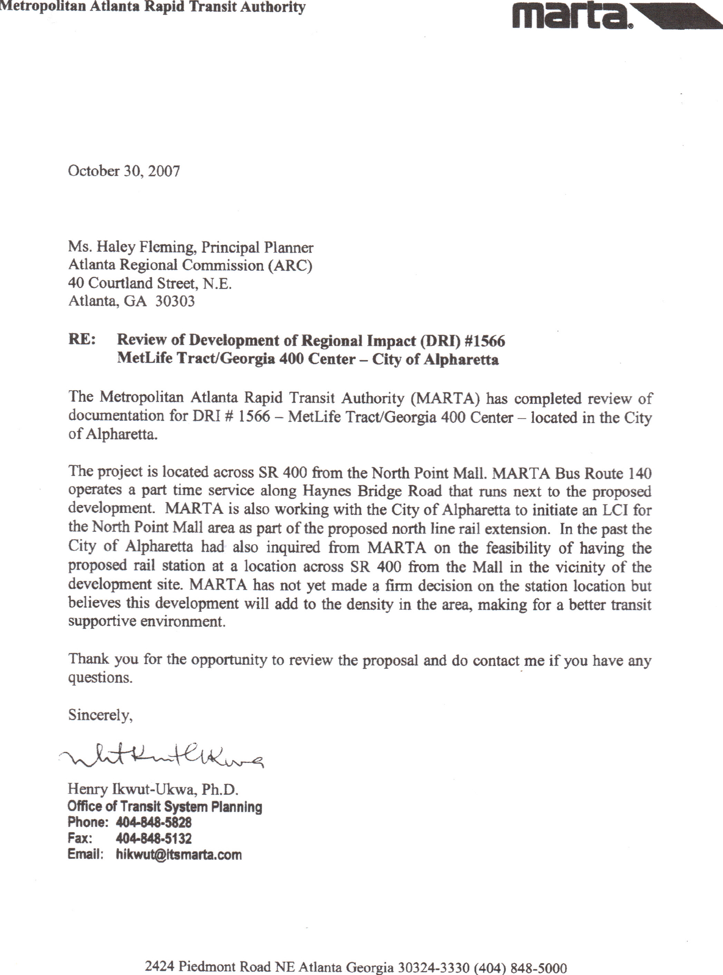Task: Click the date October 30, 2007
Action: pyautogui.click(x=124, y=171)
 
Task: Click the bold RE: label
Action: pyautogui.click(x=82, y=340)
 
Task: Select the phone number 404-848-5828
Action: pyautogui.click(x=154, y=823)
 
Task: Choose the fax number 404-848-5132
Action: pyautogui.click(x=154, y=838)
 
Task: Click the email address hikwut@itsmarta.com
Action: pyautogui.click(x=179, y=855)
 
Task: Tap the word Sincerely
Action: pyautogui.click(x=100, y=715)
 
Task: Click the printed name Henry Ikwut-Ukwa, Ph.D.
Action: pyautogui.click(x=153, y=789)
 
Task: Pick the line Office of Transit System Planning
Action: pyautogui.click(x=165, y=806)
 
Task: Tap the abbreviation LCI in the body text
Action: pyautogui.click(x=615, y=510)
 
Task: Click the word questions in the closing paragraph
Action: pyautogui.click(x=100, y=678)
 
